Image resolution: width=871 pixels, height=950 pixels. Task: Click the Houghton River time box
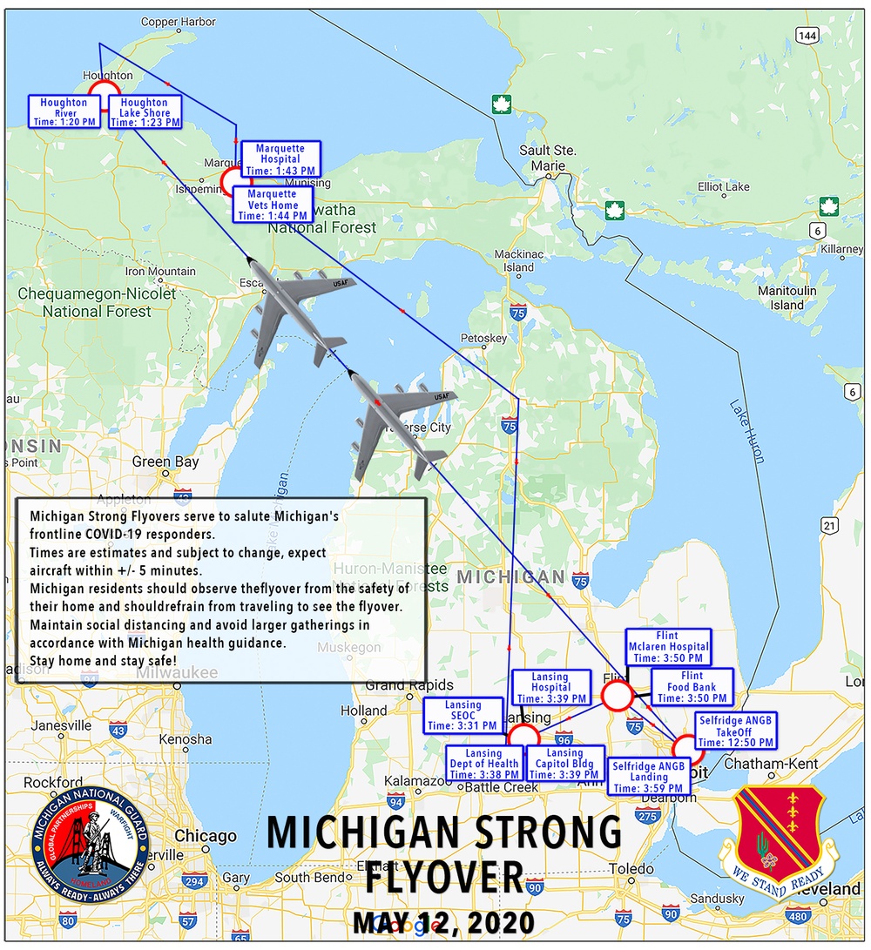(64, 112)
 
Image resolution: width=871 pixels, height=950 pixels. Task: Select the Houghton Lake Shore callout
(145, 112)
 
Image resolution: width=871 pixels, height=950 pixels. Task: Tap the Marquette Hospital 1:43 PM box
(280, 159)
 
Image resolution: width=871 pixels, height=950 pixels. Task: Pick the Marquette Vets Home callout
(273, 205)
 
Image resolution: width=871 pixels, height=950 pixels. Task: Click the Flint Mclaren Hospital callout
(670, 647)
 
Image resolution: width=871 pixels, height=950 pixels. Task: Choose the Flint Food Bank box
(692, 687)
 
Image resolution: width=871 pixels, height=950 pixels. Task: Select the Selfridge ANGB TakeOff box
(736, 731)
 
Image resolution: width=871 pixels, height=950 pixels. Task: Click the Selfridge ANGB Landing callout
(649, 777)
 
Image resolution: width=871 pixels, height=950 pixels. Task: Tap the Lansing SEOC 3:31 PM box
(463, 716)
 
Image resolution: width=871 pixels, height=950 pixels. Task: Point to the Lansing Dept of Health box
(483, 765)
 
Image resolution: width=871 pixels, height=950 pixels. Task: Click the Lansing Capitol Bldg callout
(565, 765)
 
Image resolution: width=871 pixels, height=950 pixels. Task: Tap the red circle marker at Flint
(617, 696)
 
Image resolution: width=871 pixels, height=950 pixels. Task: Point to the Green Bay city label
(164, 462)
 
